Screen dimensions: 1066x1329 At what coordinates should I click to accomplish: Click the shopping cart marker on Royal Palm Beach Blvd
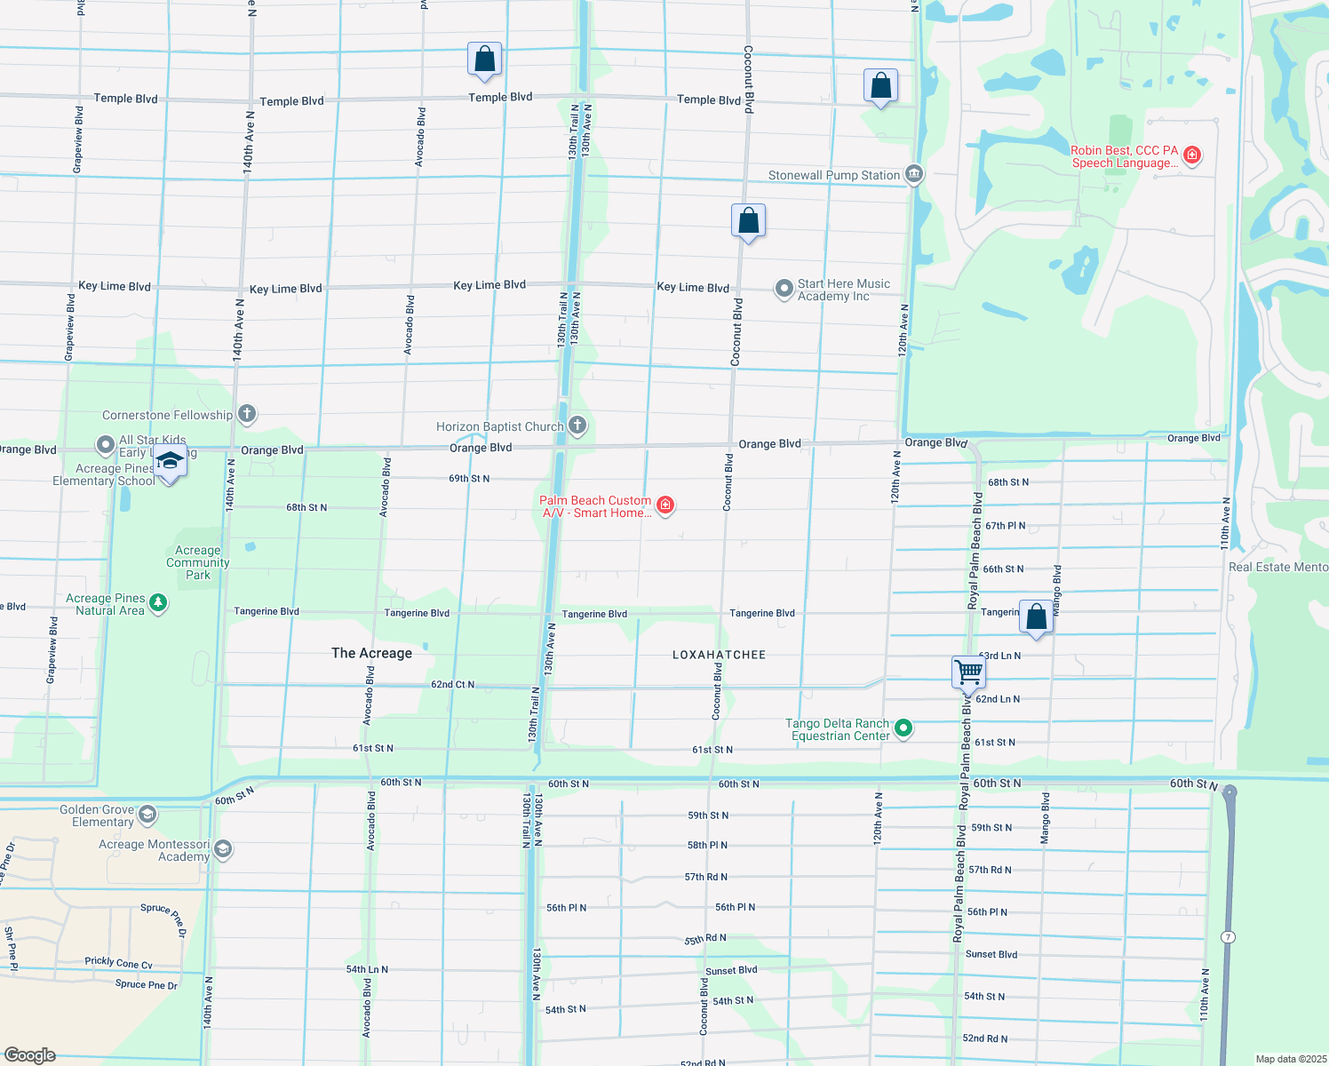coord(968,672)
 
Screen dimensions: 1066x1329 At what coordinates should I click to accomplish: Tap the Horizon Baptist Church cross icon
coord(577,426)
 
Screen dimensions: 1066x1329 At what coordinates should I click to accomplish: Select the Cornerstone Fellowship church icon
coord(247,414)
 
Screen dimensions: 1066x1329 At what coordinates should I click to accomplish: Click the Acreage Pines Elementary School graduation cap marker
coord(169,463)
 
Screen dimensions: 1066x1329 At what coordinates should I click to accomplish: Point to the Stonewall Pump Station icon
coord(914,174)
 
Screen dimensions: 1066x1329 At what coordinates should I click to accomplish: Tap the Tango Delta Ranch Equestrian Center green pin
coord(903,728)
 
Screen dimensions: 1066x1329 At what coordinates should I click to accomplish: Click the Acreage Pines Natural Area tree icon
coord(158,603)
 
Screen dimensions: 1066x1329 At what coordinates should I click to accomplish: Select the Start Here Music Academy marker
coord(784,289)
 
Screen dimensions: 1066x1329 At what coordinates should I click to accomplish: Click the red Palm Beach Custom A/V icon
coord(664,505)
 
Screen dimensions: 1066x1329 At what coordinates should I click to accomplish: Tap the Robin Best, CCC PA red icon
coord(1192,156)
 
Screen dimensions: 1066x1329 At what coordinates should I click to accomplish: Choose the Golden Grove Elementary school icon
coord(147,815)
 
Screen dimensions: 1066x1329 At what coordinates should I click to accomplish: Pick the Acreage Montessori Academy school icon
coord(223,850)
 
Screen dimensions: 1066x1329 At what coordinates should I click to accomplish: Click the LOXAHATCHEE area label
coord(719,655)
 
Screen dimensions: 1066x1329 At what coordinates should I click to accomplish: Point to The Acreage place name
coord(371,653)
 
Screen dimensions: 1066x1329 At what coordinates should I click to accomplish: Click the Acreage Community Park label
coord(197,562)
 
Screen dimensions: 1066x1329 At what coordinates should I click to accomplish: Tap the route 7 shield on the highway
coord(1227,937)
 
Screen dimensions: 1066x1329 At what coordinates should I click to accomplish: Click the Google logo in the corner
coord(30,1054)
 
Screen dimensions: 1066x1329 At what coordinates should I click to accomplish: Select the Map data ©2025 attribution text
coord(1291,1059)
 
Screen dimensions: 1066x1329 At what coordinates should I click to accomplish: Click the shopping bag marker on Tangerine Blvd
coord(1036,617)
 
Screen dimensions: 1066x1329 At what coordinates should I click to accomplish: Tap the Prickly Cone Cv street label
coord(118,962)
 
